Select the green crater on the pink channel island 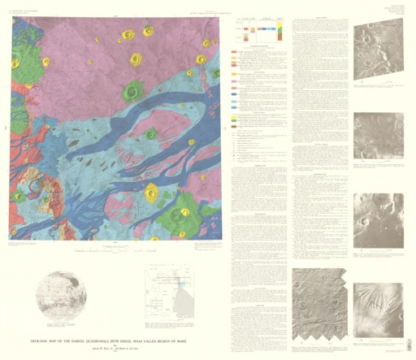click(x=151, y=133)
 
